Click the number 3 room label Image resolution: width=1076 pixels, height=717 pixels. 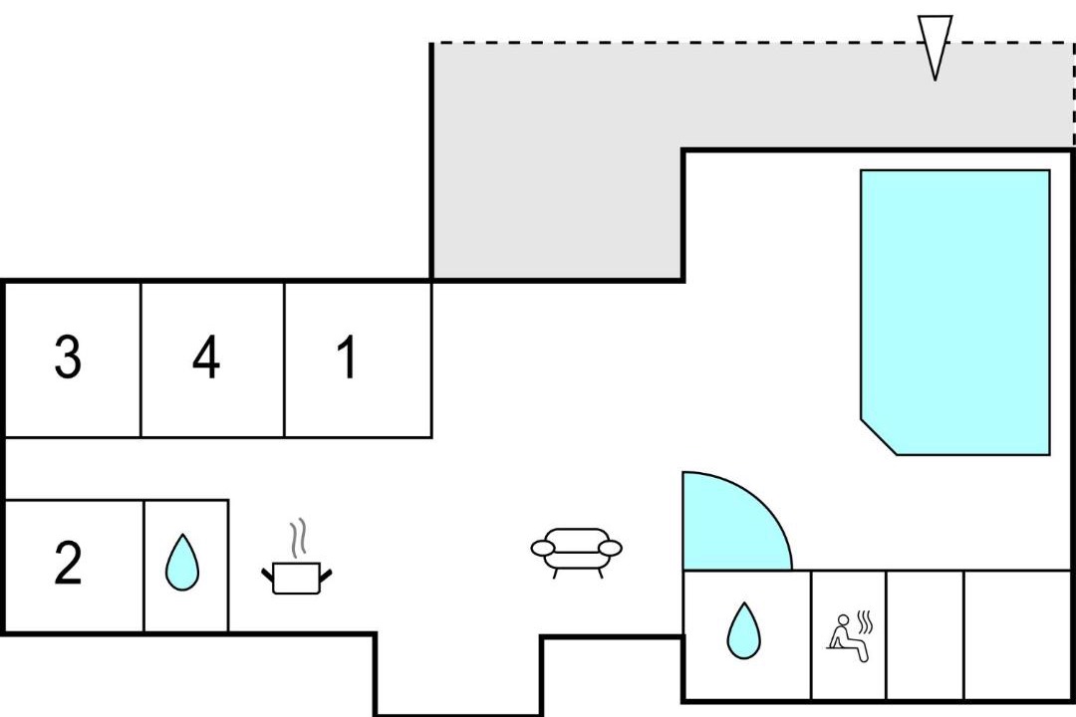68,357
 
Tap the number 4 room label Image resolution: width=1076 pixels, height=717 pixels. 206,357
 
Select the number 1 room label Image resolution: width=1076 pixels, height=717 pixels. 349,357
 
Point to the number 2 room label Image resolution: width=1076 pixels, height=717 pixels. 68,564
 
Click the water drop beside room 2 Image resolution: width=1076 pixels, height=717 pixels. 182,563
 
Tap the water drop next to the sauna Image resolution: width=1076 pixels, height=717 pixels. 744,630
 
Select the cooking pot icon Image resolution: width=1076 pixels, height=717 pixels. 297,578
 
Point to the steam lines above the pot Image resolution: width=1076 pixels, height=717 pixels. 297,538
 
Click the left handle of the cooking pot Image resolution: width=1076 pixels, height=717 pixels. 268,574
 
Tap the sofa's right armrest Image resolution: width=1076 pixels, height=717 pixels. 610,548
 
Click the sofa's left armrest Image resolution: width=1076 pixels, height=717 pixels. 543,548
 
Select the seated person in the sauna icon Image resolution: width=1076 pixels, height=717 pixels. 847,639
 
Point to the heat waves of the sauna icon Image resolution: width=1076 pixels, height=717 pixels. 866,622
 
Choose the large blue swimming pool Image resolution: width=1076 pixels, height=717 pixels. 955,312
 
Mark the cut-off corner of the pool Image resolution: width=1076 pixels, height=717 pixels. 879,437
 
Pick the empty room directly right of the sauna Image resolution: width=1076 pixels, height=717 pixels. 925,634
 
